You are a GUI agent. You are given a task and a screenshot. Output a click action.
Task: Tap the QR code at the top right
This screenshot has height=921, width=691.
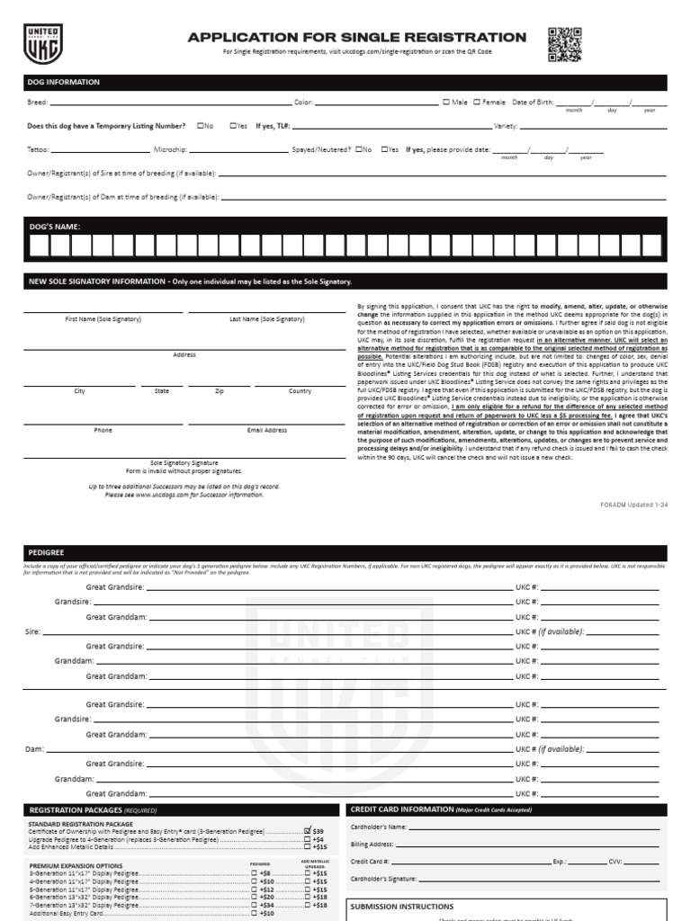(564, 44)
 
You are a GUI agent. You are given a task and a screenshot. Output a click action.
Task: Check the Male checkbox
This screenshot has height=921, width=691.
(447, 103)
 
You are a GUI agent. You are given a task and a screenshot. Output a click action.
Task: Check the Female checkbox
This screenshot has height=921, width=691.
(477, 103)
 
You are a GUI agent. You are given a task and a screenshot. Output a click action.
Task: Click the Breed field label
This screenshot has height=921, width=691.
(37, 103)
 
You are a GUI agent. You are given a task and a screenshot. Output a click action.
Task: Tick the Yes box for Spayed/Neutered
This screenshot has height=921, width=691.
(385, 149)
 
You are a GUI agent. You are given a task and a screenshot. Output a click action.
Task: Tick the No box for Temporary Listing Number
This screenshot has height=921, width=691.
(200, 126)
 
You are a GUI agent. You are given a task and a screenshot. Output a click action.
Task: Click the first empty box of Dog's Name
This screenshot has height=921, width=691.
(39, 246)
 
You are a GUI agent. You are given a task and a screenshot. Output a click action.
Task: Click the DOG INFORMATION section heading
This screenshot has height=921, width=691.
(63, 82)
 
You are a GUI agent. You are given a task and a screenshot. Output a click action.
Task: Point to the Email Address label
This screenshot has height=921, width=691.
(267, 431)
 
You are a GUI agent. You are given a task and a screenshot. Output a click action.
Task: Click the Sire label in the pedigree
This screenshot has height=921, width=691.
(33, 632)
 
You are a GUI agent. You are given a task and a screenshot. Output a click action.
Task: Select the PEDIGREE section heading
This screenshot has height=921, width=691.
(47, 552)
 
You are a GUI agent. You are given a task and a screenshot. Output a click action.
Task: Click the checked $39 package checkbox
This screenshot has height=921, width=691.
(308, 831)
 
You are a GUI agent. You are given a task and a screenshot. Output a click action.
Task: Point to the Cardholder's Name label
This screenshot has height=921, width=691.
(379, 827)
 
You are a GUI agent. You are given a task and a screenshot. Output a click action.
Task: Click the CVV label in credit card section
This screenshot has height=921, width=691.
(615, 861)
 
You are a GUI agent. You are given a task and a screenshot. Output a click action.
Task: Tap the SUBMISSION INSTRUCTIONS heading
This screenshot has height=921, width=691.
(401, 907)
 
